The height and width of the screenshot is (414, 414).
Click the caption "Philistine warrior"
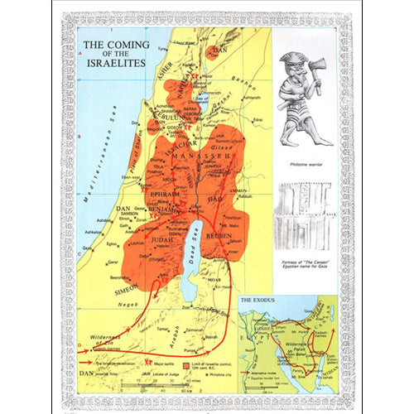[304, 165]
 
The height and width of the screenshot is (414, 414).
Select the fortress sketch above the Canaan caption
[305, 211]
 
